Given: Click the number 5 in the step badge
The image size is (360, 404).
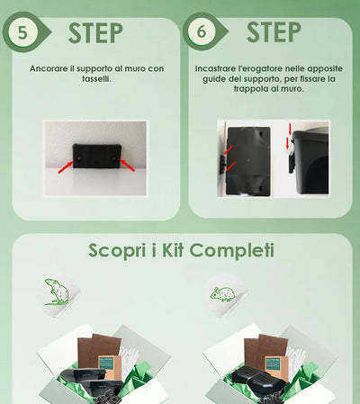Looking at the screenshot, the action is tap(22, 32).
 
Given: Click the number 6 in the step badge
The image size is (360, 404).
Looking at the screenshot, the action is tap(202, 31).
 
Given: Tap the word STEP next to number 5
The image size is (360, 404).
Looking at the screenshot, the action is tap(95, 32).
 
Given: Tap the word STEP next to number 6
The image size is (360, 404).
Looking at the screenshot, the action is tap(274, 31).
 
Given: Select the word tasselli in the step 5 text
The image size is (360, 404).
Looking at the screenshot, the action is tap(96, 79).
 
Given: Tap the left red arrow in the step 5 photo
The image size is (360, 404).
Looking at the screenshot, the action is tap(66, 166).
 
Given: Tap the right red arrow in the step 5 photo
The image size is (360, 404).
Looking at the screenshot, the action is tap(127, 165).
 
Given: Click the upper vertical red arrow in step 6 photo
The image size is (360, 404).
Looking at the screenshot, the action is tap(290, 130).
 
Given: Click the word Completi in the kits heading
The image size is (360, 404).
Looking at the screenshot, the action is tap(232, 251).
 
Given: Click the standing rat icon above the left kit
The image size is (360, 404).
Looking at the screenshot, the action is tap(57, 292).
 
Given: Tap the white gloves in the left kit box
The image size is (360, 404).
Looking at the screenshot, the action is tap(129, 358).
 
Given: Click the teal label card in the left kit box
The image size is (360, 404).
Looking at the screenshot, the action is tap(105, 363).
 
